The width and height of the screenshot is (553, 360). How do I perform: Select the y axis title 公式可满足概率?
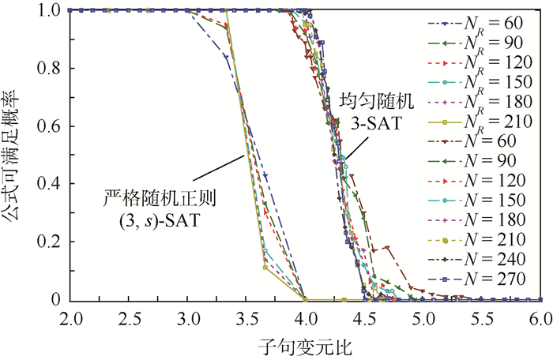(17, 154)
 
